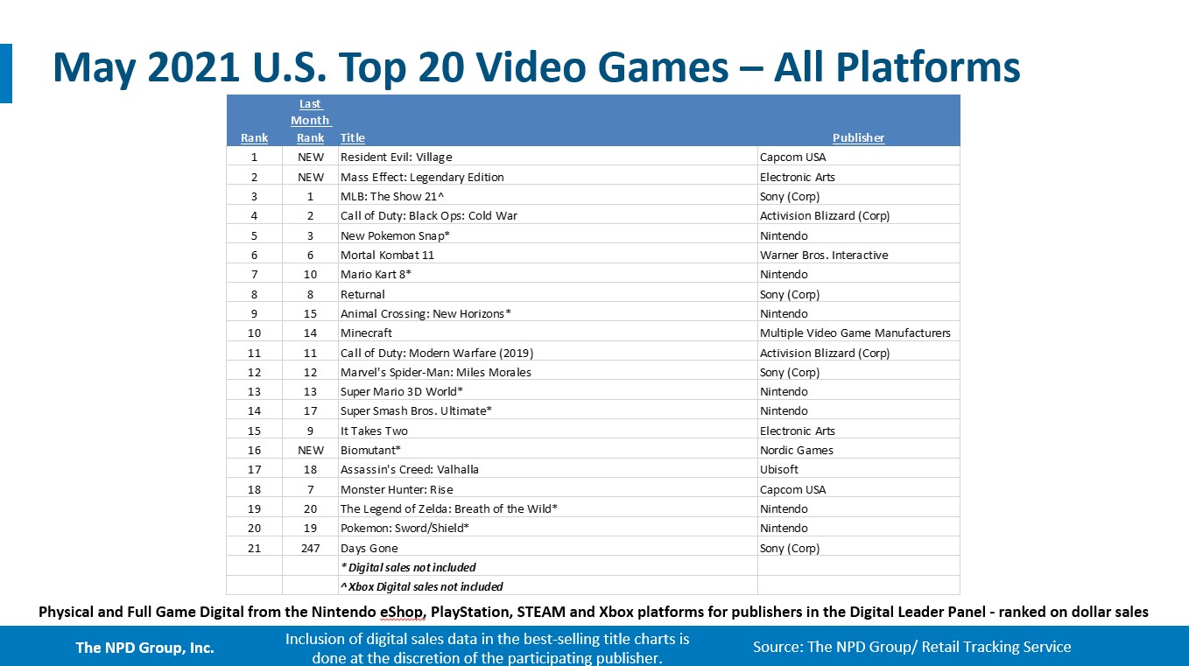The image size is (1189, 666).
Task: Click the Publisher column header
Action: click(858, 137)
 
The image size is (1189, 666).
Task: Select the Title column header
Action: click(353, 137)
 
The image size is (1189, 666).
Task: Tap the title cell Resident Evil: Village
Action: click(396, 157)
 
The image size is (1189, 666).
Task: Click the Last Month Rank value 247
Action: click(310, 548)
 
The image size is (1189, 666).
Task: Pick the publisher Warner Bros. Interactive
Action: click(824, 255)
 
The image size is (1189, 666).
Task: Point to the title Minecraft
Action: click(366, 333)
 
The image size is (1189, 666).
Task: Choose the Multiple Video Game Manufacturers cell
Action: click(855, 333)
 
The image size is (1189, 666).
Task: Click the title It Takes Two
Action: click(374, 431)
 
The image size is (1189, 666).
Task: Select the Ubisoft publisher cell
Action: click(778, 469)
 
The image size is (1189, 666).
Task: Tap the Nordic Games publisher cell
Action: click(796, 450)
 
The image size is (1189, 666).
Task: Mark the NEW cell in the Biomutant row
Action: click(311, 450)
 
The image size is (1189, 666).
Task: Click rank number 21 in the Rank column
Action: click(254, 548)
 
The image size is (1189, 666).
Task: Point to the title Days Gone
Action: click(369, 548)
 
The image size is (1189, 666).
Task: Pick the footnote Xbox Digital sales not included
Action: click(421, 586)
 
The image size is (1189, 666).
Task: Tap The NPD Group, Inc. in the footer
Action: click(145, 648)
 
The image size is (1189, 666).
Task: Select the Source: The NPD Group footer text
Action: click(912, 647)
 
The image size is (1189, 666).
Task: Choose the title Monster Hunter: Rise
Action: click(397, 488)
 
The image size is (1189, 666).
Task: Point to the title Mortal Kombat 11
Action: click(387, 255)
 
